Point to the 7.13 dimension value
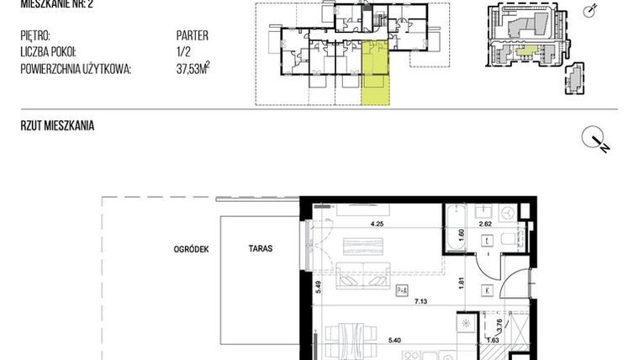[x=419, y=299]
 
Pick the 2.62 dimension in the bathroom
[x=485, y=224]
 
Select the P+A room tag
[x=402, y=290]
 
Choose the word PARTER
[x=192, y=36]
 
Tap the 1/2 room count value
[x=182, y=53]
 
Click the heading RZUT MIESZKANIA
[x=57, y=126]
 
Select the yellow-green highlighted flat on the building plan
[x=376, y=78]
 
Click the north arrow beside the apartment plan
[x=595, y=140]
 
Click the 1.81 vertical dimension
[x=461, y=283]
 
